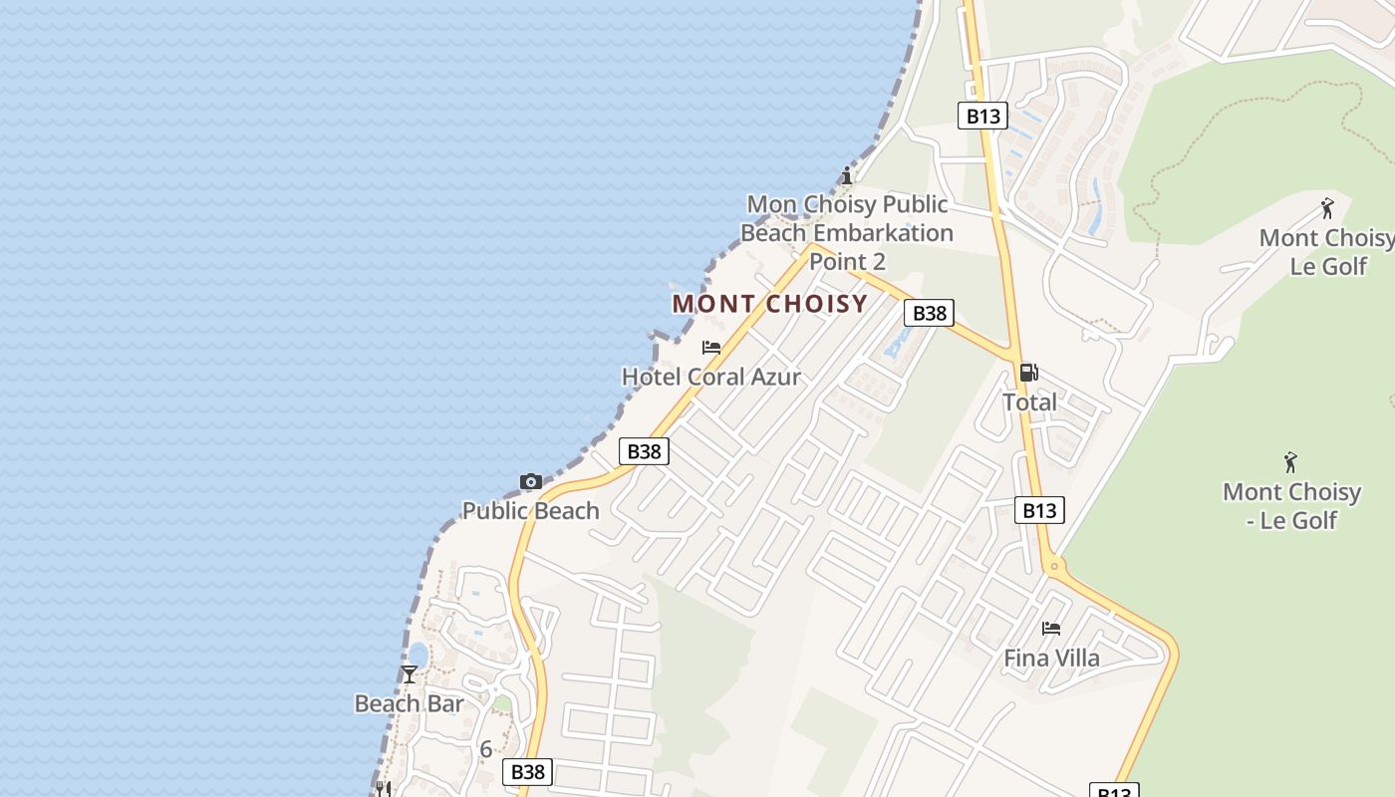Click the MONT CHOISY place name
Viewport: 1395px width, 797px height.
769,304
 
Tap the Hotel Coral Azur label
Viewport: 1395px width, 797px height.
710,377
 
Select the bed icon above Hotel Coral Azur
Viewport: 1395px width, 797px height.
710,348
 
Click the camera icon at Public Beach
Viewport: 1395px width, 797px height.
530,482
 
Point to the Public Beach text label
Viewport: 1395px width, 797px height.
530,511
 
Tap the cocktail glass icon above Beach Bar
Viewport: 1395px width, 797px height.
409,674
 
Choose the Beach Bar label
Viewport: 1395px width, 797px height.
409,703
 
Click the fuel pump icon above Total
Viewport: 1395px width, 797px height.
1028,373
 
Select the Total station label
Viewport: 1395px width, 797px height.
1029,402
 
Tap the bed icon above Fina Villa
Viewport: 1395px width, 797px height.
1051,629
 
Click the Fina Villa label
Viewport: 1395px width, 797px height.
1051,658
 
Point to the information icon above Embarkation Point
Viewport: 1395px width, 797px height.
846,176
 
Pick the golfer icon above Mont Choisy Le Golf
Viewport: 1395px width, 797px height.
1326,208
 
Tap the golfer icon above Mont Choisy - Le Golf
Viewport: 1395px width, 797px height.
1291,462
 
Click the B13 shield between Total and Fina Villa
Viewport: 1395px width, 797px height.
1038,510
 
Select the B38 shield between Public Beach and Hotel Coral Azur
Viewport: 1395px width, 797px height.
643,451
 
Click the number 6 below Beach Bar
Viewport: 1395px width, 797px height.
486,749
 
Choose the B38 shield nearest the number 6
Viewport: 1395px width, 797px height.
527,771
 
